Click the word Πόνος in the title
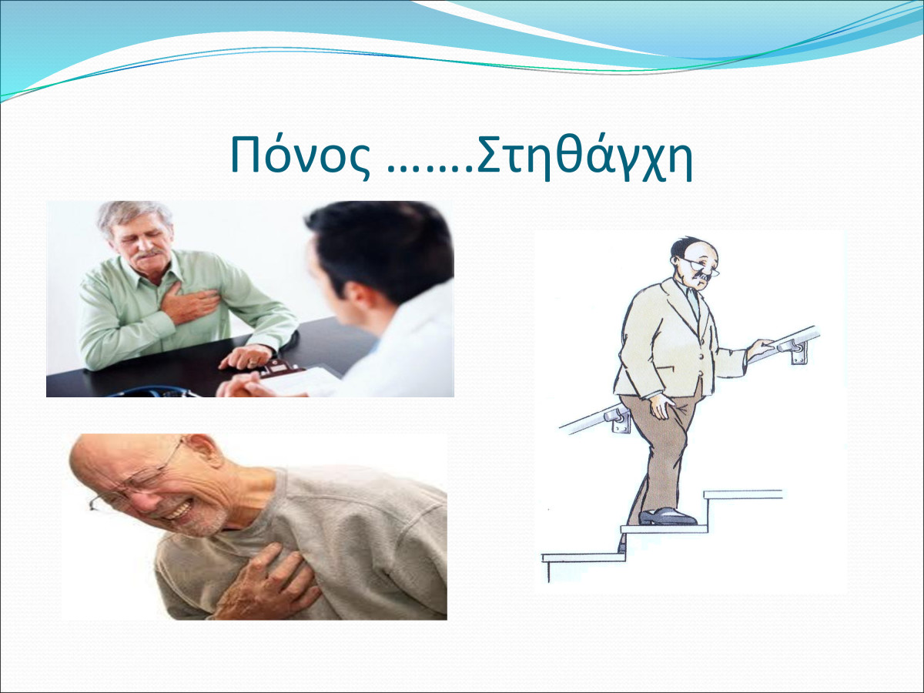[x=300, y=155]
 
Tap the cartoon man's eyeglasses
[x=701, y=266]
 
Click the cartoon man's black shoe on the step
[x=668, y=516]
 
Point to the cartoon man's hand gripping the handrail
[x=761, y=348]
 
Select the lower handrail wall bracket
[x=618, y=422]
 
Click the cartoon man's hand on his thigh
[x=663, y=407]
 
